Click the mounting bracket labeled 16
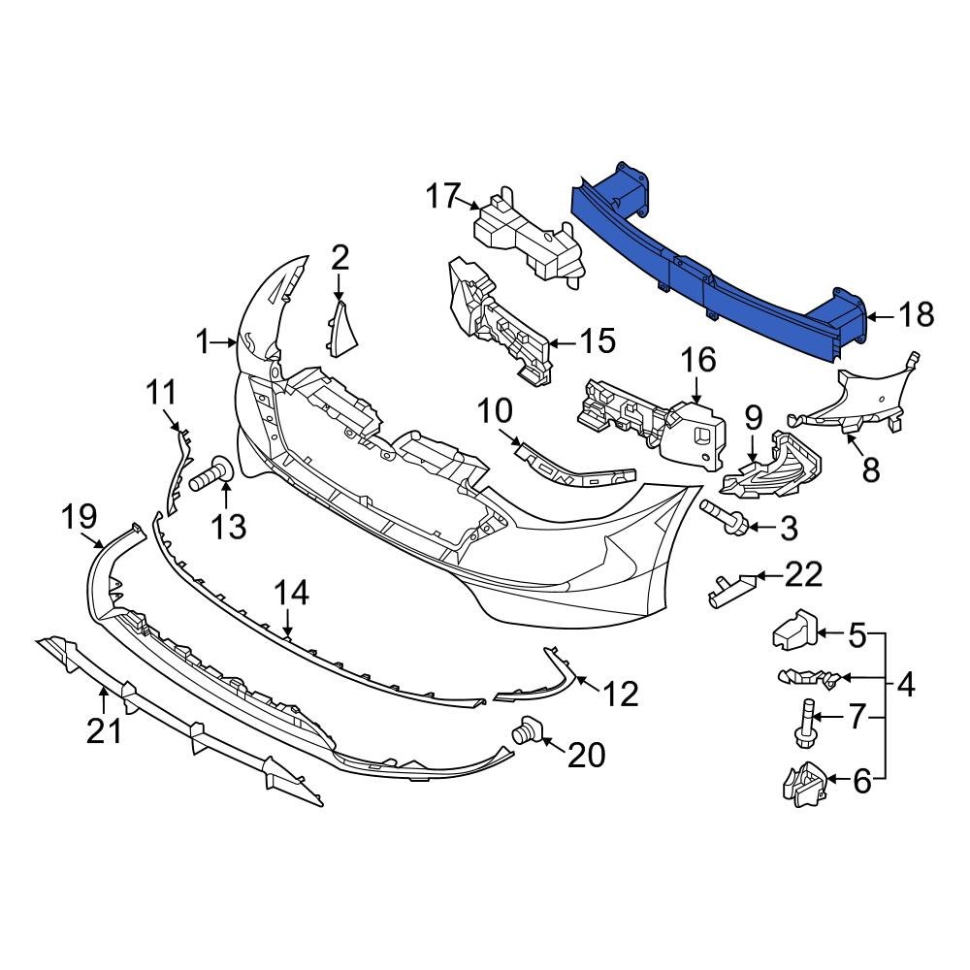coord(660,422)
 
